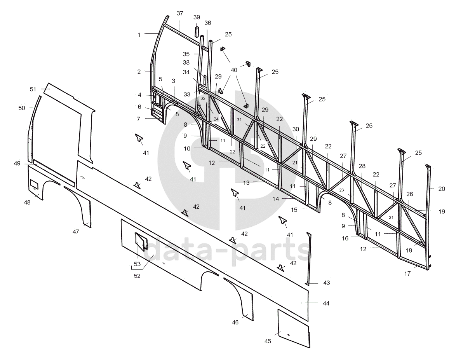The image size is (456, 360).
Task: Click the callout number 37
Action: [x=180, y=13]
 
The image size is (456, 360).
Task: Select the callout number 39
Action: [x=197, y=17]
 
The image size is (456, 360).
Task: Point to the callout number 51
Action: [x=33, y=89]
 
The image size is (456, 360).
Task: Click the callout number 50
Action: [x=22, y=108]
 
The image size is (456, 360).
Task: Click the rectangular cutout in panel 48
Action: [x=34, y=182]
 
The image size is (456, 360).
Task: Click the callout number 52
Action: [x=137, y=276]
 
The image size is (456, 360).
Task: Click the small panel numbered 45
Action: [x=293, y=329]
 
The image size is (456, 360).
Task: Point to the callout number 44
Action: [x=326, y=303]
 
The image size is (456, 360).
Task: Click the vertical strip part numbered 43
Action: [x=310, y=257]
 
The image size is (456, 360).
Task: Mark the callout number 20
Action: [x=442, y=189]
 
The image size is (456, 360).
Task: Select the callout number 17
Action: [x=407, y=273]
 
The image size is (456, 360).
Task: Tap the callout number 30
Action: [x=296, y=129]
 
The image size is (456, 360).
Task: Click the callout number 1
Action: [x=139, y=35]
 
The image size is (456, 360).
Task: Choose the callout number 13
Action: [x=246, y=182]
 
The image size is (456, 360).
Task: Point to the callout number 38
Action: [x=186, y=62]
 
